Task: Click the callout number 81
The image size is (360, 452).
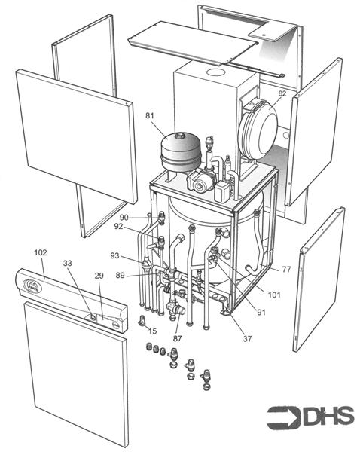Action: [x=150, y=115]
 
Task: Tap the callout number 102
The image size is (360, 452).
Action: [x=40, y=252]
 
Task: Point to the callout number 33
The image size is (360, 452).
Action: [x=68, y=264]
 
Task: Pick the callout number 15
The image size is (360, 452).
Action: [x=152, y=331]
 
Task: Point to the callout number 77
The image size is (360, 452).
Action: [x=285, y=269]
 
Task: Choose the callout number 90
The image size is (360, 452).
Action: [x=124, y=217]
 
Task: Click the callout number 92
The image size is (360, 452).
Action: [x=119, y=226]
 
